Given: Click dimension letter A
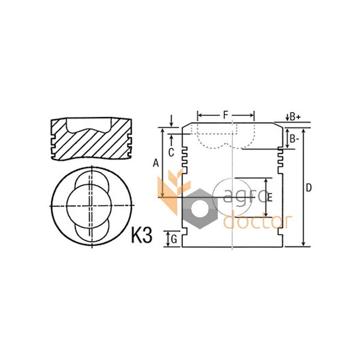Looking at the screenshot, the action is pyautogui.click(x=156, y=163).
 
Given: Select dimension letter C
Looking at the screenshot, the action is pyautogui.click(x=171, y=153).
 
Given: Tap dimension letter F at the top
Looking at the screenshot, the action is pyautogui.click(x=226, y=115).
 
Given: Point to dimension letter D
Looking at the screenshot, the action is pyautogui.click(x=309, y=188).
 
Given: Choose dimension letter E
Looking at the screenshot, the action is pyautogui.click(x=270, y=198).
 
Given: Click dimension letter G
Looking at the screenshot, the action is pyautogui.click(x=174, y=239).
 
